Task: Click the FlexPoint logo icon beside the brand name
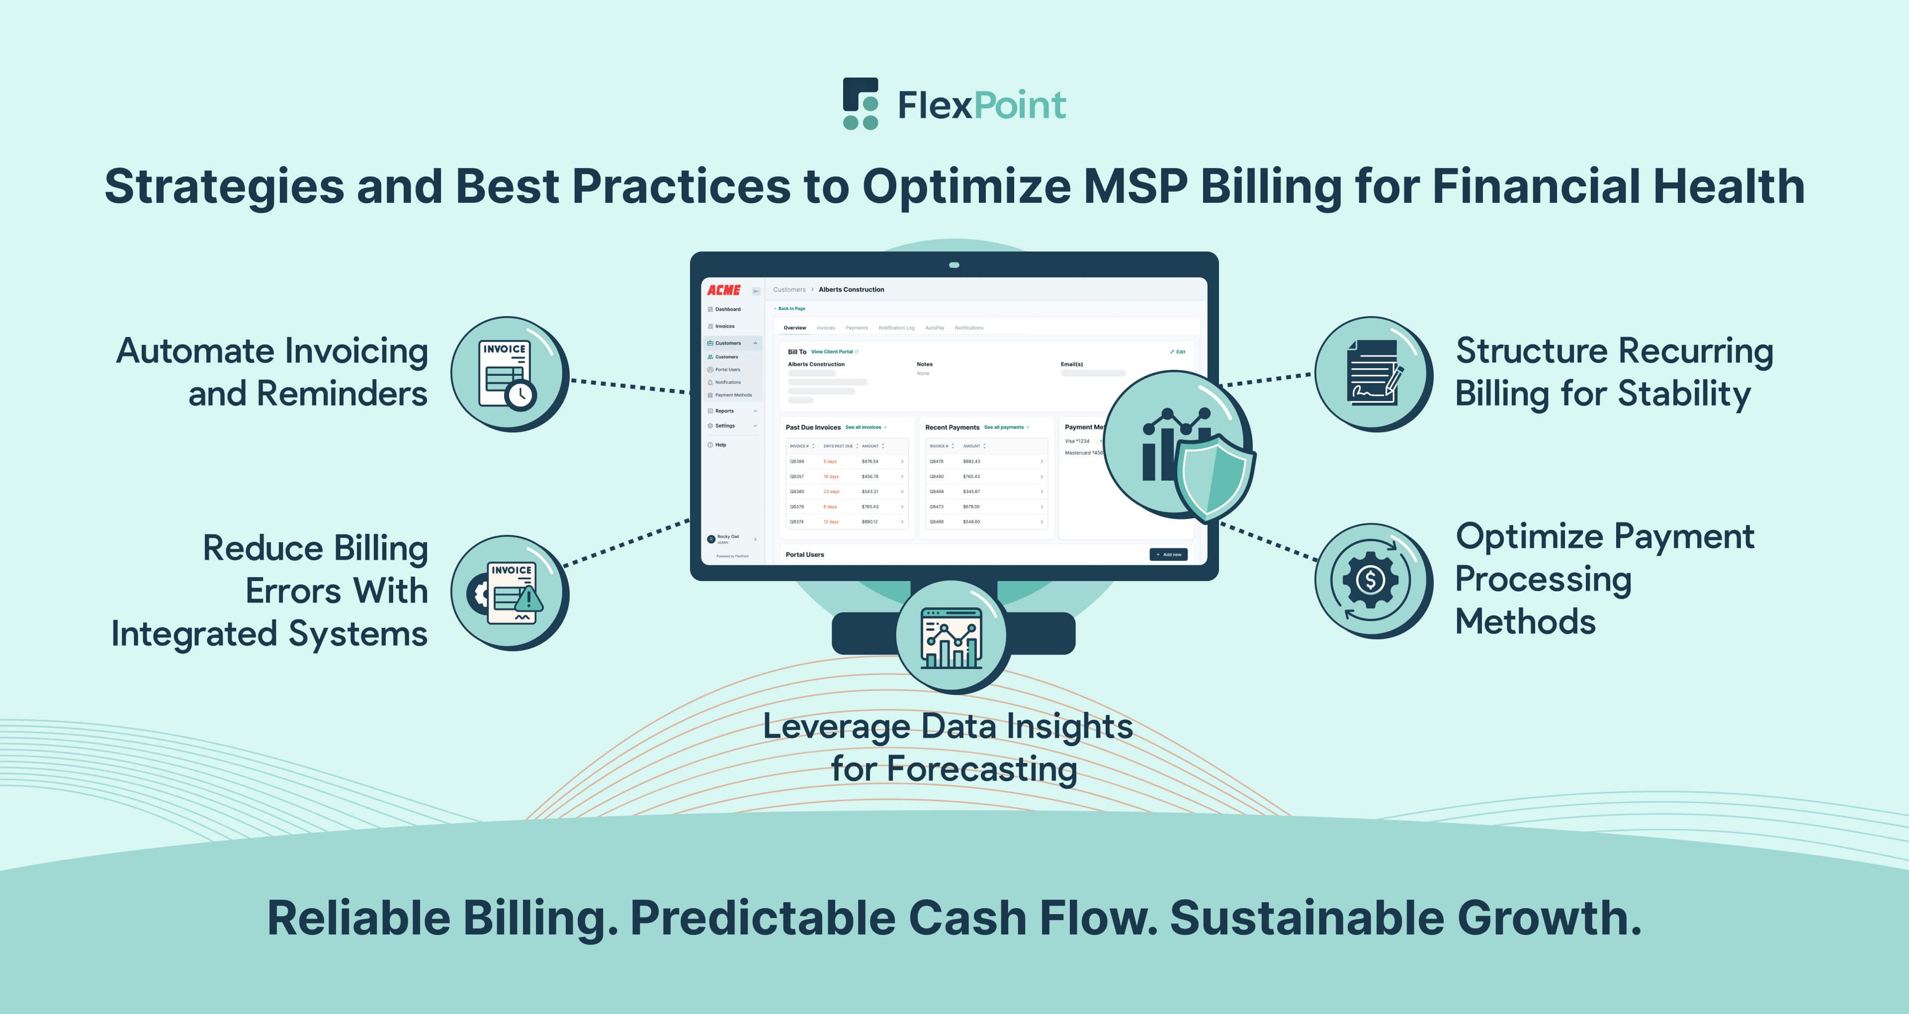tap(861, 104)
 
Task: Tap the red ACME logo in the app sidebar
tap(723, 290)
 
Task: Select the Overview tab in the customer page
tap(794, 328)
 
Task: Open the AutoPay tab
tap(935, 328)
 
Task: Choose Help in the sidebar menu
tap(720, 445)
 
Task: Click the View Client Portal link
tap(832, 352)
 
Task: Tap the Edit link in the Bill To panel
tap(1178, 352)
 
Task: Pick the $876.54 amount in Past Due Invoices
tap(870, 462)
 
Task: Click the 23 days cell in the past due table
tap(832, 492)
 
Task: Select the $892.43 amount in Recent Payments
tap(971, 462)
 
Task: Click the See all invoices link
tap(864, 427)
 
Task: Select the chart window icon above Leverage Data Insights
tap(952, 637)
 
